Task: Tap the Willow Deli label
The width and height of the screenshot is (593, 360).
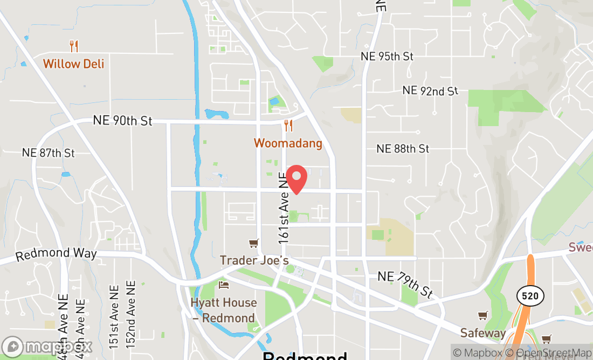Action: [x=73, y=64]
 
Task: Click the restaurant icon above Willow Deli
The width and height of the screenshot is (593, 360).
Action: [x=74, y=46]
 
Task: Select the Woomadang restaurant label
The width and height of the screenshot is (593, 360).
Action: [x=288, y=143]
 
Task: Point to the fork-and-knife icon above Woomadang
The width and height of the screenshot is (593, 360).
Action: [x=288, y=126]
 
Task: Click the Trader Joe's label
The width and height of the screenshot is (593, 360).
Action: [x=254, y=260]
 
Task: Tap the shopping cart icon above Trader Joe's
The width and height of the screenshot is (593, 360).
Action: [x=253, y=243]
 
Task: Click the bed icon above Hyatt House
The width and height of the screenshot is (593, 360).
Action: [x=224, y=285]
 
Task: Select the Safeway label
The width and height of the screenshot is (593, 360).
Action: [x=483, y=333]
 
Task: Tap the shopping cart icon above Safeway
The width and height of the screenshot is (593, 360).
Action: [x=483, y=315]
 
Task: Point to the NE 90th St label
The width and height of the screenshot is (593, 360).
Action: [x=122, y=121]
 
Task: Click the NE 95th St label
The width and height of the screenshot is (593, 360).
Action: [x=388, y=56]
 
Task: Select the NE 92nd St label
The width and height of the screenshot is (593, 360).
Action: [x=430, y=91]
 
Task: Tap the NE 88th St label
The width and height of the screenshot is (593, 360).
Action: [x=403, y=148]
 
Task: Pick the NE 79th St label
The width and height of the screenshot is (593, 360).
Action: [x=405, y=284]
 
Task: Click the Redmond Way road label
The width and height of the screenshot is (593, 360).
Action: [x=56, y=253]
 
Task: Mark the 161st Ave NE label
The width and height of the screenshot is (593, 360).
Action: [x=284, y=207]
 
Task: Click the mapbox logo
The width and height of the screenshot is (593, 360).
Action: [x=47, y=346]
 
